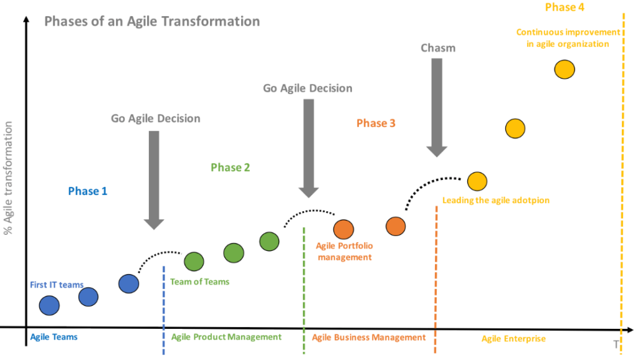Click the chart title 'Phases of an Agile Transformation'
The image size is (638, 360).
152,21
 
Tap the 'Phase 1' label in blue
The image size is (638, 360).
87,191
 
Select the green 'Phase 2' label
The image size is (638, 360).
231,168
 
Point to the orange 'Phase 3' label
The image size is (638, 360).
376,123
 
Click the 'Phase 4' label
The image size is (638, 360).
564,7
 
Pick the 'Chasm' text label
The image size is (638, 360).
438,48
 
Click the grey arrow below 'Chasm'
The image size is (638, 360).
437,108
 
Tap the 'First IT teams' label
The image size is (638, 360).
57,285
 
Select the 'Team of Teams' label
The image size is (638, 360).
199,282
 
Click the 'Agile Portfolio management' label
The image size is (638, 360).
344,252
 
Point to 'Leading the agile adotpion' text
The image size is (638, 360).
495,200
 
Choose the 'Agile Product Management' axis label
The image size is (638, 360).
226,337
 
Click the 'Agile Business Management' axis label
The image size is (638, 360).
369,337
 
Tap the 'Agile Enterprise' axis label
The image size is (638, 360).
513,338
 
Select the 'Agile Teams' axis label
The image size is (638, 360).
54,337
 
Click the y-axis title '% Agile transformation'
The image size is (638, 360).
7,178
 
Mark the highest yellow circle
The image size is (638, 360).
564,69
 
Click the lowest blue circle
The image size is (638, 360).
49,305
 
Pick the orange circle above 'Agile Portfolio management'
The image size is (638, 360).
343,229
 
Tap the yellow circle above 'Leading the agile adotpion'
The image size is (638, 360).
477,181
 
